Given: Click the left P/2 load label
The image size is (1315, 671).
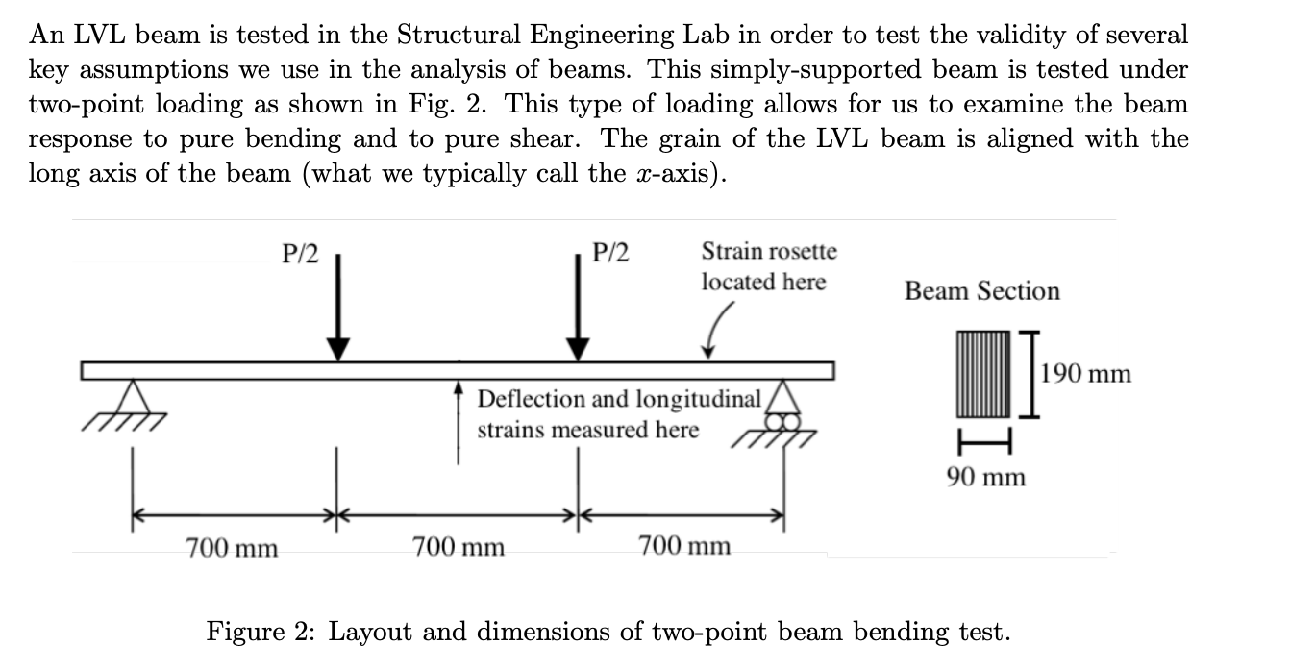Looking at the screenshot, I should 300,253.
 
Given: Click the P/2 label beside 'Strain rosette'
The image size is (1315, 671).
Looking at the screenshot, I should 611,253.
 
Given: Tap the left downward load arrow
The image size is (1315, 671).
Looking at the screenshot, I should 337,308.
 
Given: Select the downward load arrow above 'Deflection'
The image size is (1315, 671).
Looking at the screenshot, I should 579,308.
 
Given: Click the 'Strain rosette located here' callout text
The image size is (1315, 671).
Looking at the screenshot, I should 768,266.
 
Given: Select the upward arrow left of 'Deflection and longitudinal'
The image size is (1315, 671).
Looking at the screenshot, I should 459,424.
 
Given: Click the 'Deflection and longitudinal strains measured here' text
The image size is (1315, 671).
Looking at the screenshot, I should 620,414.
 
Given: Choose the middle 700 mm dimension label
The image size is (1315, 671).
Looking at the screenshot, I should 459,548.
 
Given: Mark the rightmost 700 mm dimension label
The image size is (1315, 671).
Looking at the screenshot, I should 684,547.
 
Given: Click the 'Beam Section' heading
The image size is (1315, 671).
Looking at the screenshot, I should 981,291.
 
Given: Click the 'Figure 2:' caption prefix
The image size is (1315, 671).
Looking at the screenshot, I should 261,632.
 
